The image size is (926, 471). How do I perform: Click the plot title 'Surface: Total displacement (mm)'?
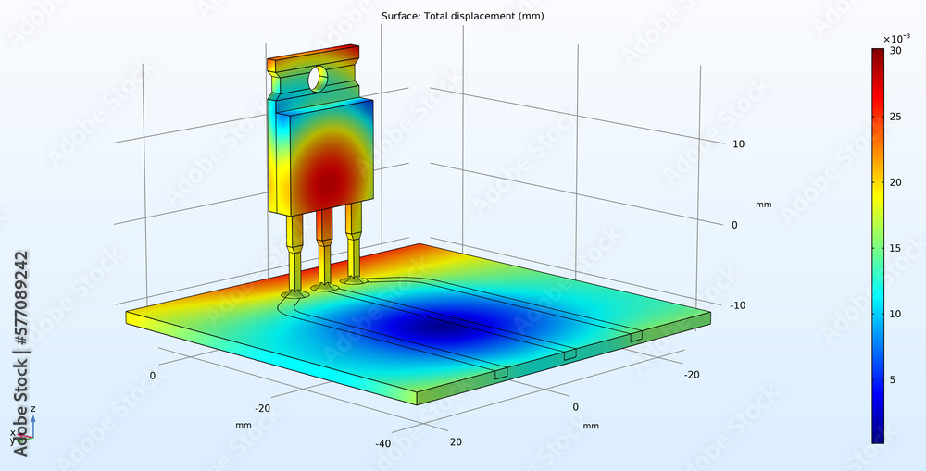[x=448, y=16]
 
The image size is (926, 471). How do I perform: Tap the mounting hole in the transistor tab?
[x=318, y=79]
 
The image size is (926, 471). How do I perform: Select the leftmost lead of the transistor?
[x=294, y=254]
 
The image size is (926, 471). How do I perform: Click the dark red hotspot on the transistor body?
[x=325, y=176]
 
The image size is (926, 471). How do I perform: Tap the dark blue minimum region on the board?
[x=435, y=328]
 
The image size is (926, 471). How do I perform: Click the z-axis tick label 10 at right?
[x=739, y=143]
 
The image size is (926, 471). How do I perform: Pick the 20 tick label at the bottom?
[x=455, y=441]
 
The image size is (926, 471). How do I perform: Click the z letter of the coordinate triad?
[x=33, y=408]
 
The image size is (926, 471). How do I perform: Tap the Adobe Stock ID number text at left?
[x=19, y=301]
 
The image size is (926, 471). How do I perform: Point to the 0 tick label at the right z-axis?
[x=734, y=225]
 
